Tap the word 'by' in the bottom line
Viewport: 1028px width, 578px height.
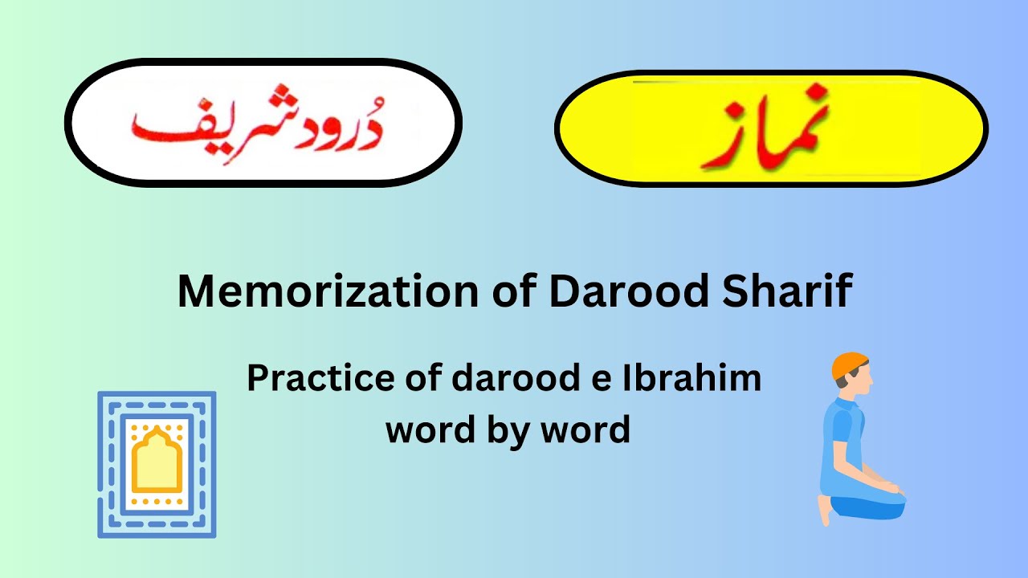[x=508, y=430]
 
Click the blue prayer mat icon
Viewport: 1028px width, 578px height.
[x=157, y=464]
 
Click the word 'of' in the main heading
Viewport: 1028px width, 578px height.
[x=514, y=292]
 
